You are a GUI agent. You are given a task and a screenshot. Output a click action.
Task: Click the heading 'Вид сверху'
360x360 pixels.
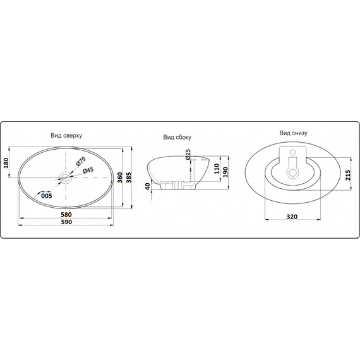point(66,135)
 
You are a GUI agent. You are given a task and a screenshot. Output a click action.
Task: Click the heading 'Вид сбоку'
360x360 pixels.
point(177,137)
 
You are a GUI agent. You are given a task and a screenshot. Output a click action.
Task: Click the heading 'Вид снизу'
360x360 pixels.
point(293,133)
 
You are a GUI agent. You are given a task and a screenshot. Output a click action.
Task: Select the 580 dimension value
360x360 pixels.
point(66,215)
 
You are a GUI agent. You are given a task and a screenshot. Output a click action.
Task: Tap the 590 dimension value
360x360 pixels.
point(66,222)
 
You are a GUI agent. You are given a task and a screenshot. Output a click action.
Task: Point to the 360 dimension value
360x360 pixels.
point(120,177)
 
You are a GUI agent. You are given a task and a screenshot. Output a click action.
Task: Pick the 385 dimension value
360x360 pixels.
point(129,177)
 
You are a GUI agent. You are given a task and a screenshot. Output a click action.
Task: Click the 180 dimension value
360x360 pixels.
point(6,163)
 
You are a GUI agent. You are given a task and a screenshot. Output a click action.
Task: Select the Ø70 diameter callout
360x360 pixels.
point(81,161)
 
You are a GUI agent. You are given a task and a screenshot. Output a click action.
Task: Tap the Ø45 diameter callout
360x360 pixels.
point(88,170)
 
